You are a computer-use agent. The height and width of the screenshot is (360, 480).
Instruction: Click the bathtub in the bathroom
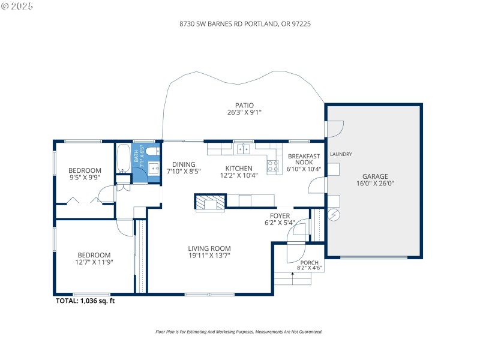click(x=123, y=158)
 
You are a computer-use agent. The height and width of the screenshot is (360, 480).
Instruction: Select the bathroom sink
click(x=153, y=167)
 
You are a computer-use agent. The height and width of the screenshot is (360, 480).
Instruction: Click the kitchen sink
click(x=244, y=148)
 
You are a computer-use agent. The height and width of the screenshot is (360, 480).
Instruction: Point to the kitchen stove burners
click(x=273, y=166)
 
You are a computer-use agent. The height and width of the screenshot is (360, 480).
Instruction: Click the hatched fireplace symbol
click(x=210, y=202)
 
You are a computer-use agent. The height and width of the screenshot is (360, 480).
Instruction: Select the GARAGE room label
click(x=375, y=176)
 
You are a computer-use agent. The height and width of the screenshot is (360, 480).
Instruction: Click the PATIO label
click(x=244, y=105)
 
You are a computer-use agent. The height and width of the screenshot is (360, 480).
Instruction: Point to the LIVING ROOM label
click(x=209, y=248)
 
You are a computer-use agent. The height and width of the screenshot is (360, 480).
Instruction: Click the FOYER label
click(x=280, y=215)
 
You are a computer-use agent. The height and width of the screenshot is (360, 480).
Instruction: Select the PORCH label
click(x=310, y=262)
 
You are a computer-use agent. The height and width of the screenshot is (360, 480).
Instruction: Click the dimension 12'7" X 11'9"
click(x=94, y=262)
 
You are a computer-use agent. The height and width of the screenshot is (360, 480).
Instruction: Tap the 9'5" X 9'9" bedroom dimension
click(x=85, y=177)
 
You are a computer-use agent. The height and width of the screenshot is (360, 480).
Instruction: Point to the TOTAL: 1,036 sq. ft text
click(x=85, y=301)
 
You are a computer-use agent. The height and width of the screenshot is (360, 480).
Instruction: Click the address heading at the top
click(x=240, y=25)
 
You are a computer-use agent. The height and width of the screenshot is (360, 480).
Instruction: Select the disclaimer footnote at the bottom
click(x=239, y=332)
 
